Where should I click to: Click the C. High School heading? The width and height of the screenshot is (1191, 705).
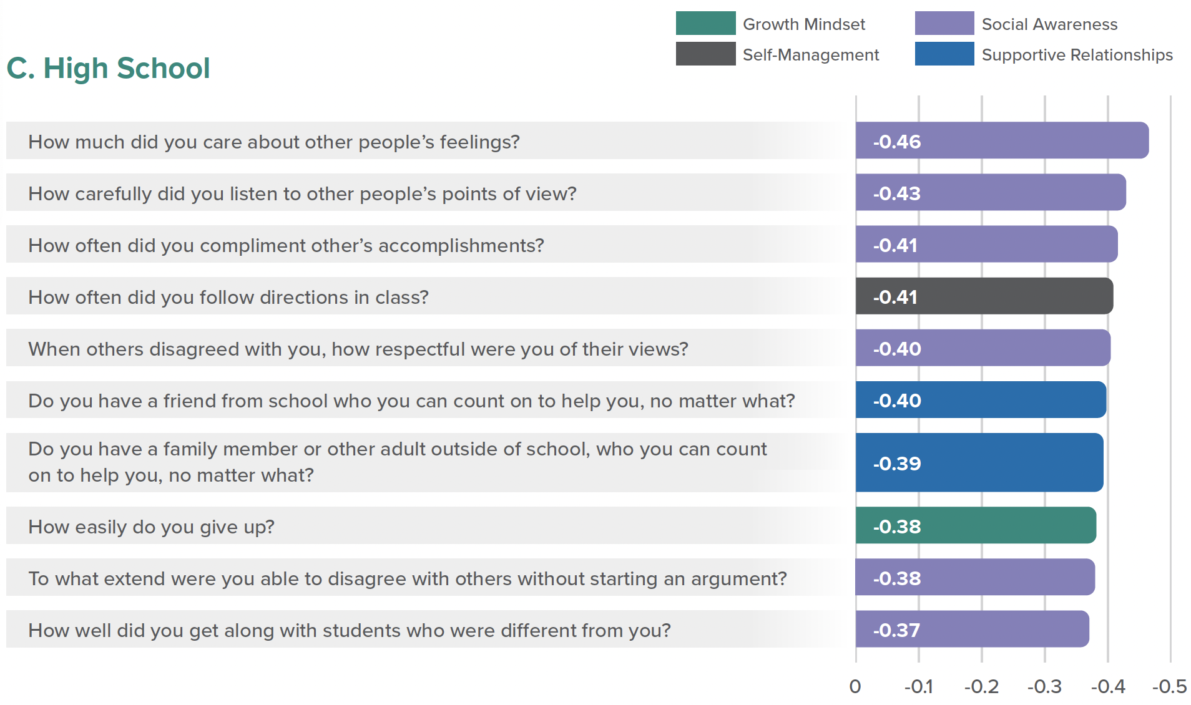108,68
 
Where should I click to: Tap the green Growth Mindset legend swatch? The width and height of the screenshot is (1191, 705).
705,23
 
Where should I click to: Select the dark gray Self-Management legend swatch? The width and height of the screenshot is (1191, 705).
705,54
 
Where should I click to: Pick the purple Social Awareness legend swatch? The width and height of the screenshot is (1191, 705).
944,23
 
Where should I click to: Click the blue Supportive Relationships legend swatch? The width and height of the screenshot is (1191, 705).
944,54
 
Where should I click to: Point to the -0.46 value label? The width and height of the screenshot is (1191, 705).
896,142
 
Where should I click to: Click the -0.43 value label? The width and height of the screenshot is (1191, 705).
896,193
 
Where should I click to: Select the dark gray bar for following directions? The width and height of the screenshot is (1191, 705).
999,296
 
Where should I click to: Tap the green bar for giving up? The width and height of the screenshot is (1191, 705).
999,525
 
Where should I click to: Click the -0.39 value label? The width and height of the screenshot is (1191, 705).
896,464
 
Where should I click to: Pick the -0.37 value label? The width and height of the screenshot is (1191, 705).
896,630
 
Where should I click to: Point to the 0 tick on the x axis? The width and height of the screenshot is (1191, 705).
855,686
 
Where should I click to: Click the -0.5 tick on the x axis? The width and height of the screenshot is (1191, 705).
1169,686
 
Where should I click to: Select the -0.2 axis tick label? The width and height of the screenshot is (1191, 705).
981,686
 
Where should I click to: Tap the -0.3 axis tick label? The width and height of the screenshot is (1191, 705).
1044,686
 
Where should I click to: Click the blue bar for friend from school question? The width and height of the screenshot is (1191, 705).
999,400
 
